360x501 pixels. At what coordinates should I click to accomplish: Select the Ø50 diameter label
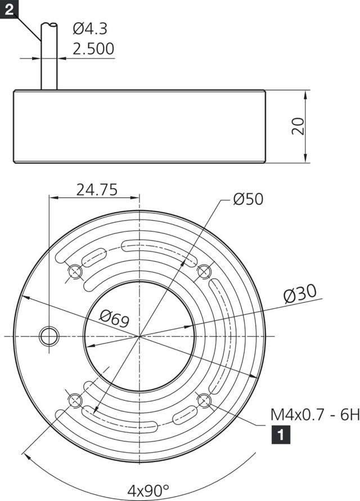247,199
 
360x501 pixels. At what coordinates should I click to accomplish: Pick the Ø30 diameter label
300,294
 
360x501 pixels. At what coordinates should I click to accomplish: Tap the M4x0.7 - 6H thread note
314,415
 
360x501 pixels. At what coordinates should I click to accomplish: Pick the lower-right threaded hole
204,400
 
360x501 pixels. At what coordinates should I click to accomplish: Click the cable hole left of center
49,336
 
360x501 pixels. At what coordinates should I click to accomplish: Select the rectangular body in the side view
139,126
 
